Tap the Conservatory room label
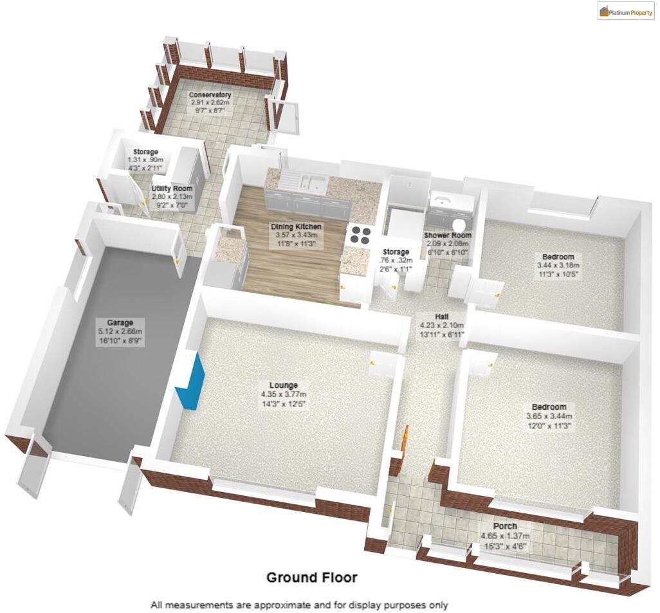[210, 96]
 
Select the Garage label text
[120, 322]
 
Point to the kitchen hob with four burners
[360, 235]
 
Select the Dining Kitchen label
[296, 227]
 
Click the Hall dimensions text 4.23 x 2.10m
[441, 325]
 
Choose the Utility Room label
[172, 188]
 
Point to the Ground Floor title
[312, 578]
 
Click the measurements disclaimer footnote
[299, 605]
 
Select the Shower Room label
[447, 235]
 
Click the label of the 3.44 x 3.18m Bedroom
[558, 257]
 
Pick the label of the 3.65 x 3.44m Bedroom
[549, 407]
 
